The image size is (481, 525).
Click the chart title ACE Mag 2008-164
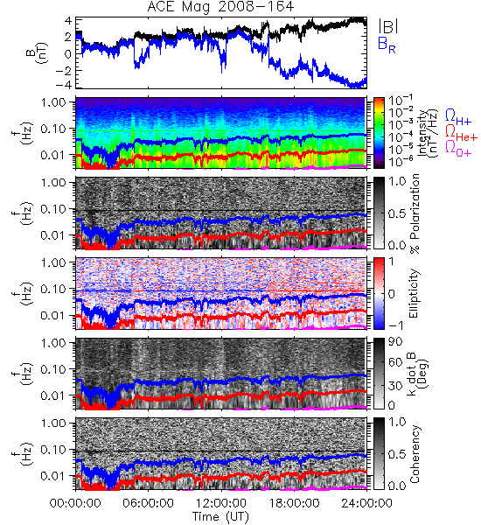click(x=220, y=6)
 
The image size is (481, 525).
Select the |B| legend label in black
click(x=388, y=26)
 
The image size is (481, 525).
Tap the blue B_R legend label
click(x=387, y=45)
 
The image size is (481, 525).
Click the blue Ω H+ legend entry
click(x=458, y=116)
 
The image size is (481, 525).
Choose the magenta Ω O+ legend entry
click(x=458, y=149)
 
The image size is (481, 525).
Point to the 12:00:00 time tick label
click(x=221, y=503)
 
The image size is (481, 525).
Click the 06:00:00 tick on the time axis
click(x=149, y=503)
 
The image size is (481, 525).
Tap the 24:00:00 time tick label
click(x=366, y=503)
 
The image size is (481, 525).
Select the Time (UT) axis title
click(x=220, y=517)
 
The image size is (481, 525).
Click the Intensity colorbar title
click(x=429, y=133)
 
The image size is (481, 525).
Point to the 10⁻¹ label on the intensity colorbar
click(x=401, y=101)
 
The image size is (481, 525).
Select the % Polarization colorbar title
click(x=415, y=213)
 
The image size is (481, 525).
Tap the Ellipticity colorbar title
click(x=414, y=293)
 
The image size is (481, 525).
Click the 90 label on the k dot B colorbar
click(x=395, y=341)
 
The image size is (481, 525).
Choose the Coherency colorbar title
click(x=414, y=454)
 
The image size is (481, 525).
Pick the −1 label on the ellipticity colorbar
click(x=395, y=325)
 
